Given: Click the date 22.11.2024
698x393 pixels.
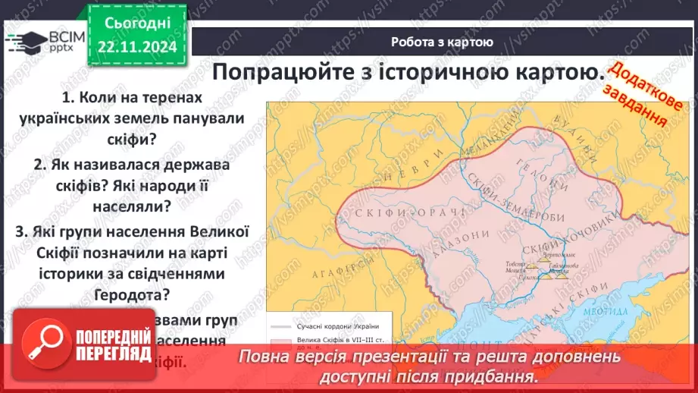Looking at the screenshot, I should click(137, 46).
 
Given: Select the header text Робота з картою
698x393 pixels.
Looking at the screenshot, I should click(443, 42).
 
